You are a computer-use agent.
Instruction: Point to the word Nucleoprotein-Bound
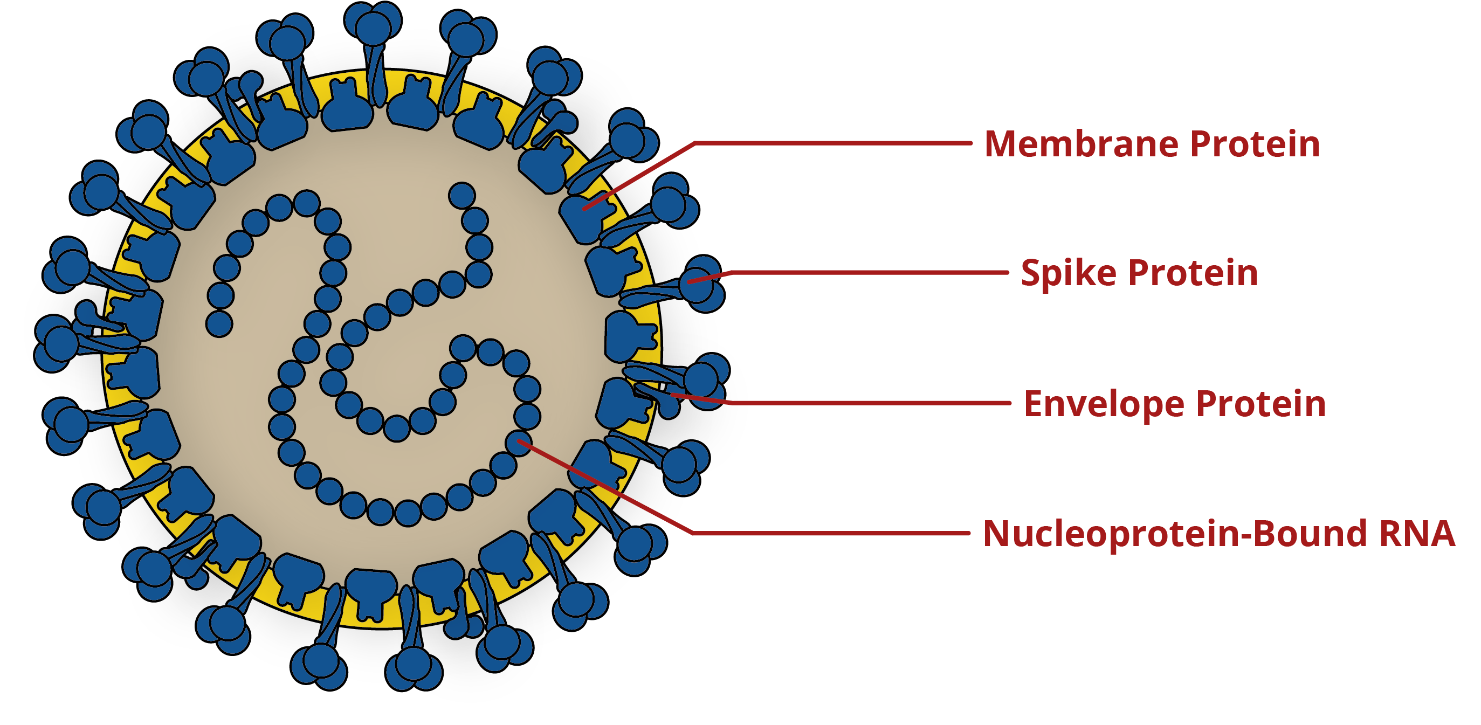(x=1175, y=534)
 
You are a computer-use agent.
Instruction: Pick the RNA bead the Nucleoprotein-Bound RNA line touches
(x=519, y=443)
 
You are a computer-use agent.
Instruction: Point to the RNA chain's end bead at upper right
(x=461, y=196)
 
